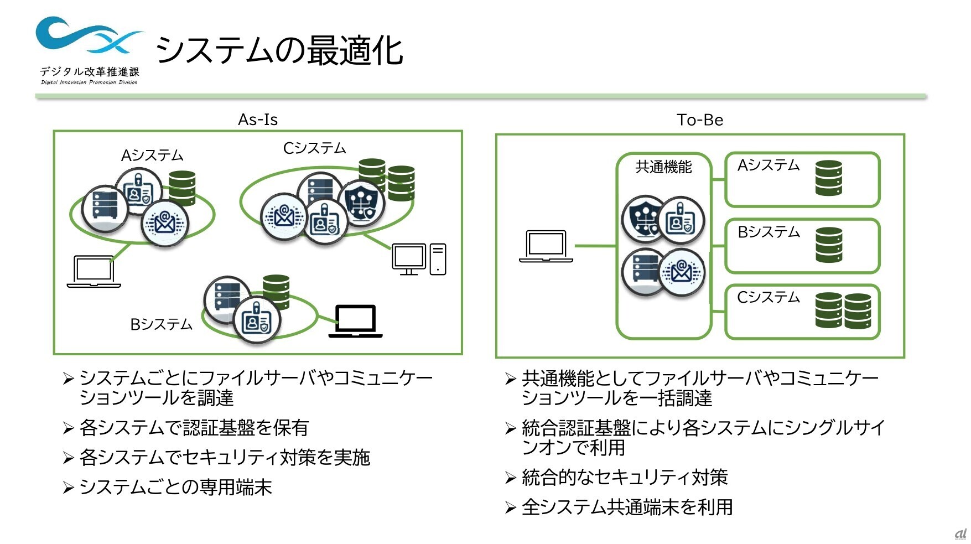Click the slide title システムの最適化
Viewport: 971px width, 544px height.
(x=279, y=50)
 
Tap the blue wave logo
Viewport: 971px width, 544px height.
(x=89, y=35)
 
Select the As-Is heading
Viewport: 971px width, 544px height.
(x=258, y=120)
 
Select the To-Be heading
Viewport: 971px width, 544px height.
(x=700, y=120)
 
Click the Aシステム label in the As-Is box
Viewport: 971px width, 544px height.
(x=152, y=156)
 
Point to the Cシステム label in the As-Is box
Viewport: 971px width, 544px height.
(x=314, y=148)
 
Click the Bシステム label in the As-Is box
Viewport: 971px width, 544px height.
(x=161, y=324)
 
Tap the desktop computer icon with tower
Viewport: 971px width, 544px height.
(x=419, y=259)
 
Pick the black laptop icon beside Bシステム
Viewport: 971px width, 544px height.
(x=356, y=321)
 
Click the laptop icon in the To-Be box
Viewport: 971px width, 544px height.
(x=546, y=246)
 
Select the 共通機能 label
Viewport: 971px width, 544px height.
(x=663, y=167)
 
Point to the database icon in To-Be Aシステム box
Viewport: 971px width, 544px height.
(x=828, y=178)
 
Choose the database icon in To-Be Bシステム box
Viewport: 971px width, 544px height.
(x=828, y=245)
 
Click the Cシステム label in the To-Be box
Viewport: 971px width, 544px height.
(x=769, y=298)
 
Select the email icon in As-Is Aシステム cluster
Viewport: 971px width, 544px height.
(x=165, y=223)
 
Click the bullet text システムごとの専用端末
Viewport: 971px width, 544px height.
(x=175, y=487)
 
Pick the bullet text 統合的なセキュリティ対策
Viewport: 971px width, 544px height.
(x=625, y=477)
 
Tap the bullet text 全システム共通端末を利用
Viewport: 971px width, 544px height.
(x=627, y=507)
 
